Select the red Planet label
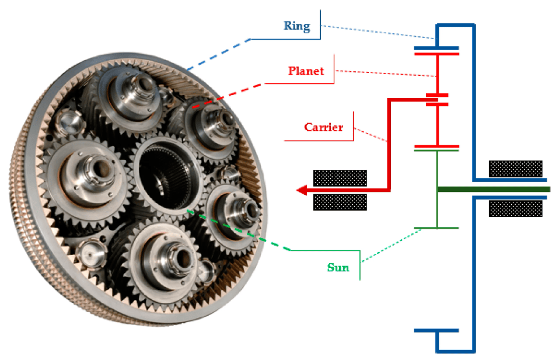(x=306, y=71)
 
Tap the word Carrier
(x=323, y=127)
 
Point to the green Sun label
(x=338, y=268)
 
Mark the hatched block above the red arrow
(x=340, y=177)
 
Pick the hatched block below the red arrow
(x=340, y=202)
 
